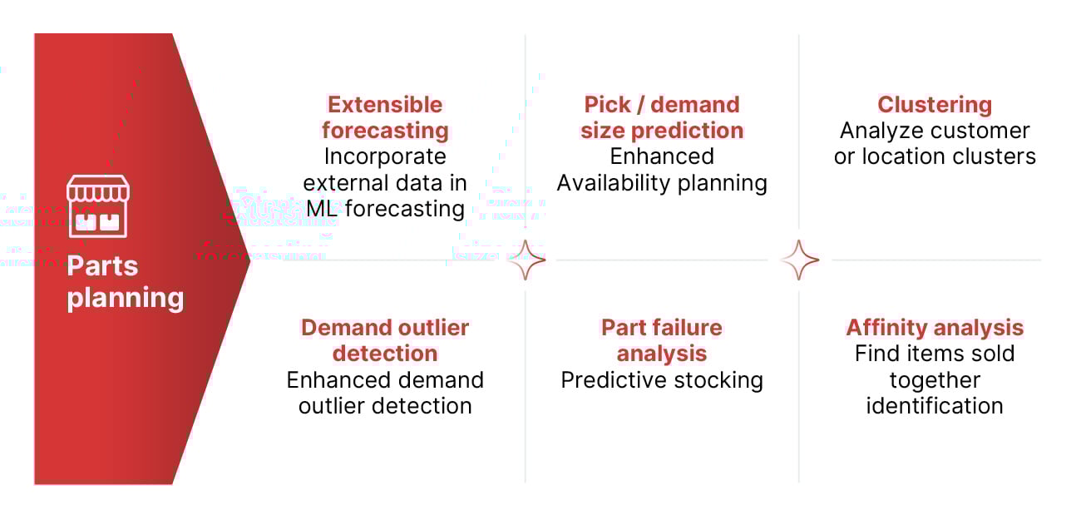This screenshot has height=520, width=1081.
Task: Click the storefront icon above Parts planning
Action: point(97,206)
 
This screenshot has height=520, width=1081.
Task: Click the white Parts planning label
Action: point(125,282)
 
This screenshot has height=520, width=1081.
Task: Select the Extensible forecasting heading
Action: point(385,117)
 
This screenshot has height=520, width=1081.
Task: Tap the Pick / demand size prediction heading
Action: point(662,117)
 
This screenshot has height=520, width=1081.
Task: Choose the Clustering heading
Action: point(935,105)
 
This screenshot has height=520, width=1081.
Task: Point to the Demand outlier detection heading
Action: point(385,340)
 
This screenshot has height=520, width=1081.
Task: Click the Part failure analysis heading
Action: point(662,340)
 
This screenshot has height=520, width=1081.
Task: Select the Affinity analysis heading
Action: point(935,328)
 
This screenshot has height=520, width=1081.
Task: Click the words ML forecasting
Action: point(385,208)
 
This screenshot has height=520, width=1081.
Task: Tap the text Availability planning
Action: point(662,182)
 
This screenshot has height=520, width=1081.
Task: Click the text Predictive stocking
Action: point(662,380)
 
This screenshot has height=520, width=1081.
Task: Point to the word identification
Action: point(935,406)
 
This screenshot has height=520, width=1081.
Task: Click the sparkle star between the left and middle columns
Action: point(526,260)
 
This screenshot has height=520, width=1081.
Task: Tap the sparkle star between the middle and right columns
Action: point(800,260)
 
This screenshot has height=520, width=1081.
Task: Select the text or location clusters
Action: point(935,156)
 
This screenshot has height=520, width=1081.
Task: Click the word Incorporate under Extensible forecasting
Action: point(385,156)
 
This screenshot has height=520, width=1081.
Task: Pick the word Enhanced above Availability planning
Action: point(662,156)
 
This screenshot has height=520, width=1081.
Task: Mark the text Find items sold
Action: point(935,354)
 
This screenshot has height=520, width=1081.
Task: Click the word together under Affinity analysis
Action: point(935,380)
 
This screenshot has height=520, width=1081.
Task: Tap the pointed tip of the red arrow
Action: point(248,260)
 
